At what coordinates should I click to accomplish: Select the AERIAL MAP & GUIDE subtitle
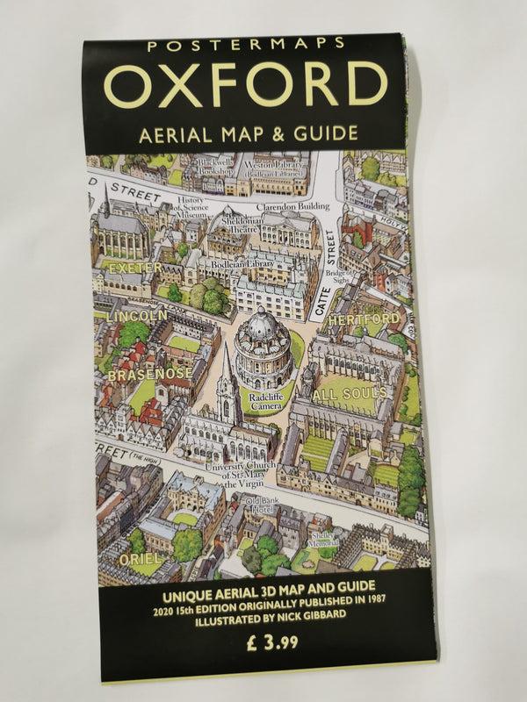coord(249,133)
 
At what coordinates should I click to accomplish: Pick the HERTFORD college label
coord(364,320)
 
